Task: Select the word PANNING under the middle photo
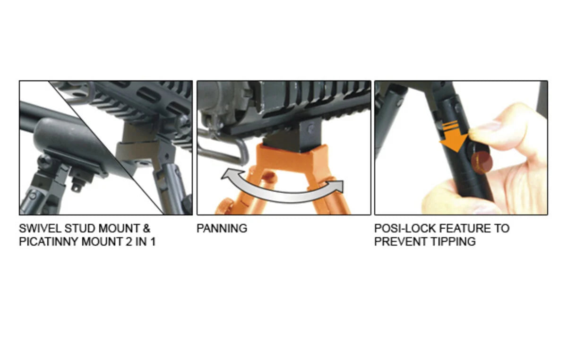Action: click(222, 229)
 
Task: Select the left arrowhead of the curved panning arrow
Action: click(229, 177)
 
